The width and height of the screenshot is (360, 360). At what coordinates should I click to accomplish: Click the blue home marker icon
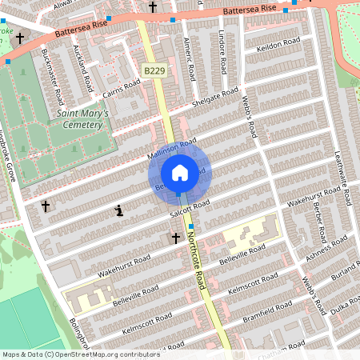pos(180,172)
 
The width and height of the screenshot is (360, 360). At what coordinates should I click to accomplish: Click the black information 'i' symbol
pos(119,211)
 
